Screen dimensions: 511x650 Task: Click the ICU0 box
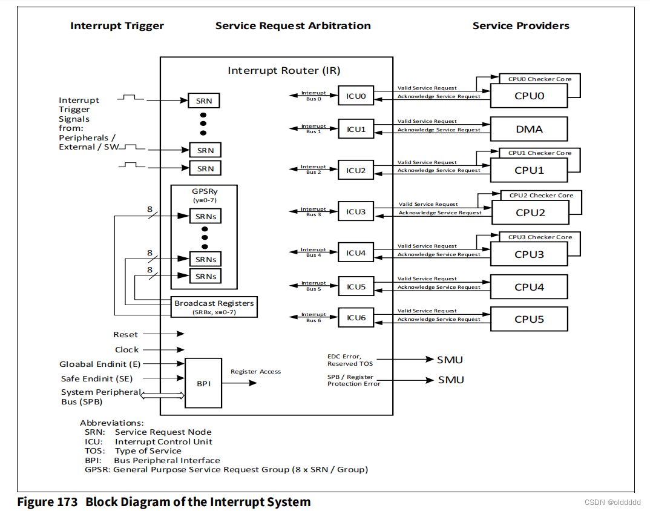[x=356, y=96]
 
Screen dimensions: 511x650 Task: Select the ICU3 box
[x=356, y=212]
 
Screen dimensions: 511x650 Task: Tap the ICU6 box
[x=356, y=318]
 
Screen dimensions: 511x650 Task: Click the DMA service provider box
[x=529, y=129]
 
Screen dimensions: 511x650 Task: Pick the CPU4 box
[x=529, y=287]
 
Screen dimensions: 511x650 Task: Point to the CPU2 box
[x=530, y=213]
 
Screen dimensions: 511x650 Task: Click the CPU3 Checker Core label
[x=540, y=237]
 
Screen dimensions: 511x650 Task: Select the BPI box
[x=203, y=384]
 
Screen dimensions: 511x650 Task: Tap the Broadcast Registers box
[x=214, y=307]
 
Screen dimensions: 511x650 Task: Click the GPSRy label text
[x=204, y=192]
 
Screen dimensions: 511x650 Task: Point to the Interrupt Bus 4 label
[x=314, y=252]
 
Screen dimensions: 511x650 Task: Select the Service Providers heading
[x=520, y=25]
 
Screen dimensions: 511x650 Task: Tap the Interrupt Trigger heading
[x=117, y=25]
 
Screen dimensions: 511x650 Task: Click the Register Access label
[x=255, y=372]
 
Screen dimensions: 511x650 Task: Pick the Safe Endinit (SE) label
[x=97, y=379]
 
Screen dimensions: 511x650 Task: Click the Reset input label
[x=125, y=334]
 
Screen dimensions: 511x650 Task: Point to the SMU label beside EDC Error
[x=450, y=360]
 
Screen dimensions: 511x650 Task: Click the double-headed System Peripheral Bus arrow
[x=162, y=395]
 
